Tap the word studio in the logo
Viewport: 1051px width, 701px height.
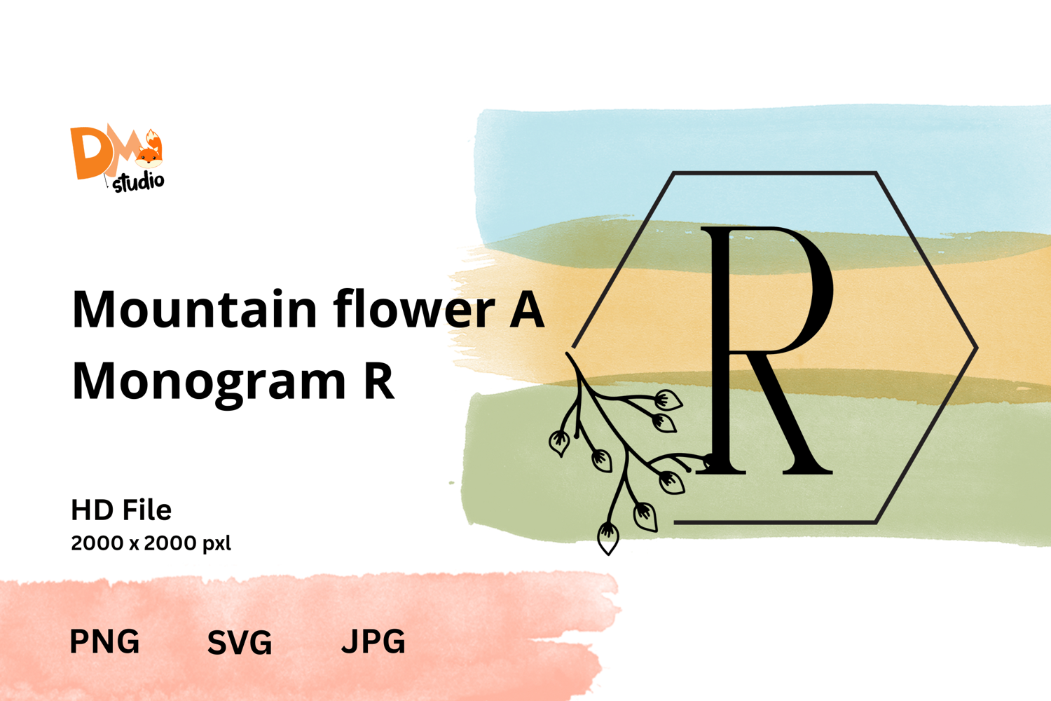tap(139, 182)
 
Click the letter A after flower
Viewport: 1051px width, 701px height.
tap(527, 309)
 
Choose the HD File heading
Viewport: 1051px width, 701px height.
tap(121, 510)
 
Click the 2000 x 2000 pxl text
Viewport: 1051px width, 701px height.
tap(151, 543)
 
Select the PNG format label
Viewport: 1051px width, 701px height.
tap(104, 641)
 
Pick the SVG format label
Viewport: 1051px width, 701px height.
tap(240, 642)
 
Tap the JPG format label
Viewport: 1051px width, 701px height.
tap(373, 641)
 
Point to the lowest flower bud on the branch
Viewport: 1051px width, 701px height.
tap(608, 538)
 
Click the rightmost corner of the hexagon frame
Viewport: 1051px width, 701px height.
tap(977, 348)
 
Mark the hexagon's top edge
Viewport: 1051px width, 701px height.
tap(775, 172)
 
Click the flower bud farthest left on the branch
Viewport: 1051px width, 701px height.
tap(559, 443)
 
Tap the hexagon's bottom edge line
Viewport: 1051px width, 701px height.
tap(775, 522)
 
